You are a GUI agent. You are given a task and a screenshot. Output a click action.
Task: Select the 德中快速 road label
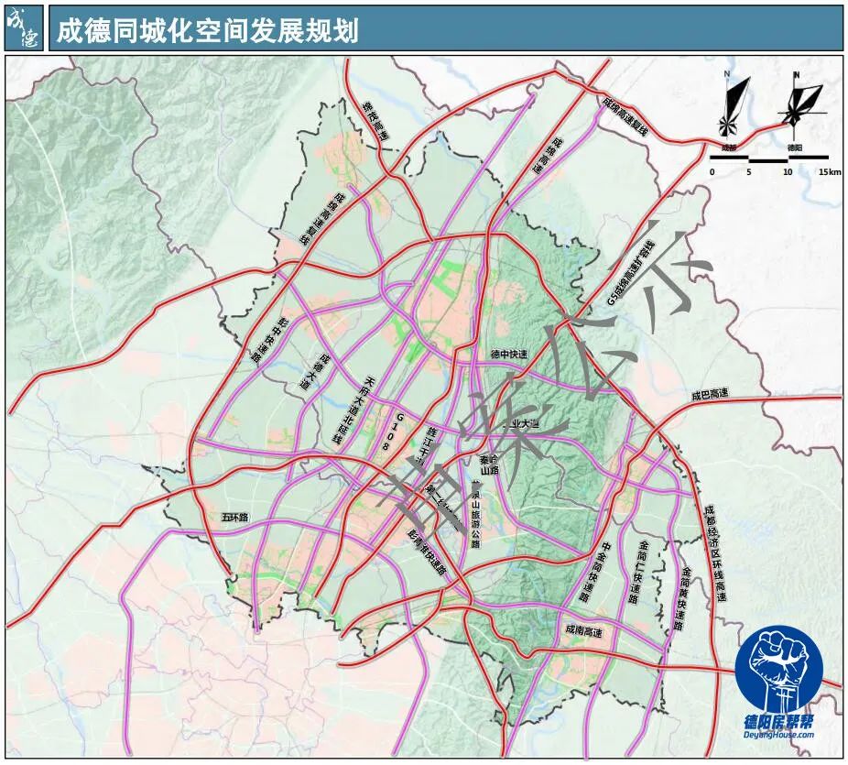[508, 355]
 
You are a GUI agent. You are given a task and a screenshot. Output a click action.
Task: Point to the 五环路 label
[235, 518]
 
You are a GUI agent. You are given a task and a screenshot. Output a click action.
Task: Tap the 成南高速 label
[584, 631]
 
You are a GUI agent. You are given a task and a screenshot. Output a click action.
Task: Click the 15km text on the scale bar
[830, 172]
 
